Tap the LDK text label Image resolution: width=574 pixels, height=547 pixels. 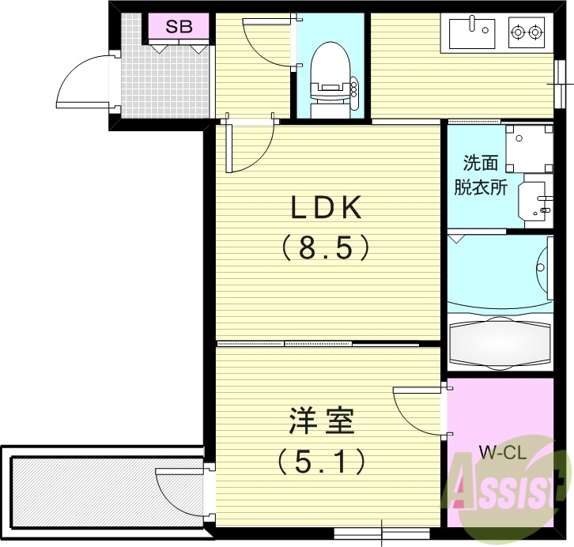click(327, 208)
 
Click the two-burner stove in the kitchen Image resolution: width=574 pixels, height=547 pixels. click(527, 33)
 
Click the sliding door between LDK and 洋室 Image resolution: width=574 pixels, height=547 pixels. click(316, 344)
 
